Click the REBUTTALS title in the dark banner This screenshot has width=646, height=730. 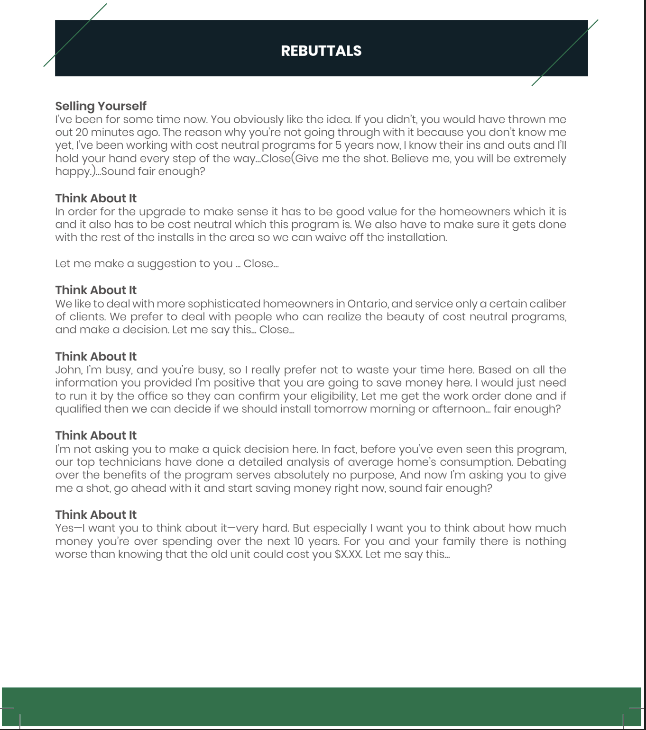click(x=321, y=51)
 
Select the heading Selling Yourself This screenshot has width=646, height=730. click(x=101, y=106)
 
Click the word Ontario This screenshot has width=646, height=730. click(x=368, y=304)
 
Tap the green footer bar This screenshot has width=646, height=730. click(x=321, y=706)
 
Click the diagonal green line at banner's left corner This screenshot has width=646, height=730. click(x=75, y=35)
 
